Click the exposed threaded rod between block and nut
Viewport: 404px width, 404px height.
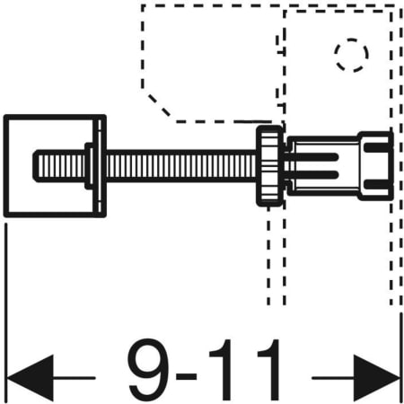click(180, 165)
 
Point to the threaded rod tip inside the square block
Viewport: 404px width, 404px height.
click(58, 165)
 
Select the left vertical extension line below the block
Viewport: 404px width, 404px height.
click(6, 287)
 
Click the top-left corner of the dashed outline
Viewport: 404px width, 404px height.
click(141, 6)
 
